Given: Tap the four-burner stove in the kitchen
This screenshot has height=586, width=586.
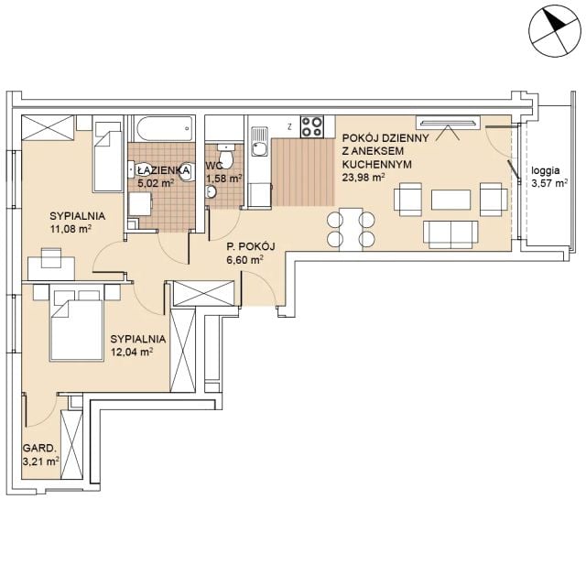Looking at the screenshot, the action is (312, 126).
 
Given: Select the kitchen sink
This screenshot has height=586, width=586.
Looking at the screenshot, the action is (259, 141).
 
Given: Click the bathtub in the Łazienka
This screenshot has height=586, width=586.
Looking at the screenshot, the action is (165, 129).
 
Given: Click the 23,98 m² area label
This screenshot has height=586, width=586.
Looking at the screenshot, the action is (364, 178).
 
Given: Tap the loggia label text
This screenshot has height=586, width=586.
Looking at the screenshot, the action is (546, 171).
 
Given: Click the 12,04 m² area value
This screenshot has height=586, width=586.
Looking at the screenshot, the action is (132, 352).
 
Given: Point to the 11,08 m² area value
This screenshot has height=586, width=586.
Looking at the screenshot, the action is (71, 229).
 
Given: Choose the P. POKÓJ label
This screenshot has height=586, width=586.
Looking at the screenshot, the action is (251, 246).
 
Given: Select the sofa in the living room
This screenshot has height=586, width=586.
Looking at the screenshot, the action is (450, 234).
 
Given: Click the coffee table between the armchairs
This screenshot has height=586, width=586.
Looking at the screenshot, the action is (451, 200).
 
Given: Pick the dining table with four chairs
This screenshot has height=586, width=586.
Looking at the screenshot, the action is (351, 229).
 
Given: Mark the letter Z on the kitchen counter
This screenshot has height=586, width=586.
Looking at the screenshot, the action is (289, 126).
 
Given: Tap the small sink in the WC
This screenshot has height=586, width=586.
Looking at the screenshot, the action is (211, 191).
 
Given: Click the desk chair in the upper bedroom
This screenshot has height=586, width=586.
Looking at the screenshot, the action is (51, 258).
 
